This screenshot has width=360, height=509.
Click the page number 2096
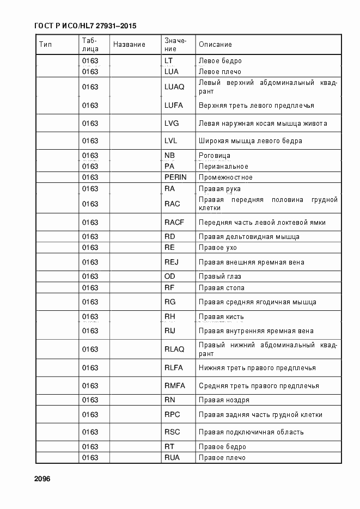point(42,479)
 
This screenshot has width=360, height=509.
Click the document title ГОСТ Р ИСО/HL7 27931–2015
point(85,26)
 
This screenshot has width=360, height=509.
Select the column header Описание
point(215,45)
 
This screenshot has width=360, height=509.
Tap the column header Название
point(129,45)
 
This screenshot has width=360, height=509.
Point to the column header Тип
point(45,45)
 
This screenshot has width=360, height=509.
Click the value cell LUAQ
point(174,87)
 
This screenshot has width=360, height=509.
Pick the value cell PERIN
point(175,177)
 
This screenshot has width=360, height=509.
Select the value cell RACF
point(174,222)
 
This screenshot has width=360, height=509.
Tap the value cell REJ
point(172,262)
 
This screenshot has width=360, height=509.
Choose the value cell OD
point(169,277)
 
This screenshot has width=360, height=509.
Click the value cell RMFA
point(175,386)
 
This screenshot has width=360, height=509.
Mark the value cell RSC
point(172,432)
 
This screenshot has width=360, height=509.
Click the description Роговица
point(214,156)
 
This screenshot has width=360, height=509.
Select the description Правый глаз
point(219,277)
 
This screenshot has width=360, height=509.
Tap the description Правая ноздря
point(224,400)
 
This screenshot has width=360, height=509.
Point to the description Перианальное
point(223,167)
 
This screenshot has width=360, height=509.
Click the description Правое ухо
point(218,248)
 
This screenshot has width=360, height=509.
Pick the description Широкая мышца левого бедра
point(250,141)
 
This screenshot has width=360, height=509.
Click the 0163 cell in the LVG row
point(90,124)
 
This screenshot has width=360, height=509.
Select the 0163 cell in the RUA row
point(90,458)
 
